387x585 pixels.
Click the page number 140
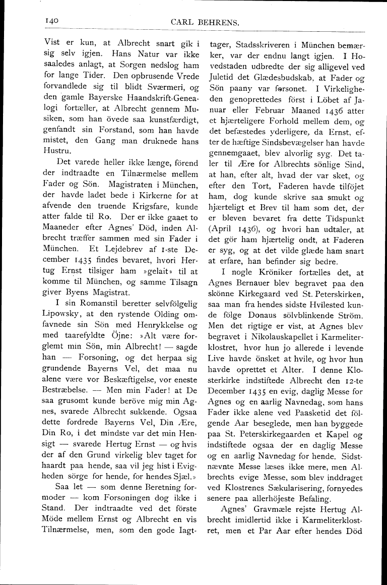coord(52,21)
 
